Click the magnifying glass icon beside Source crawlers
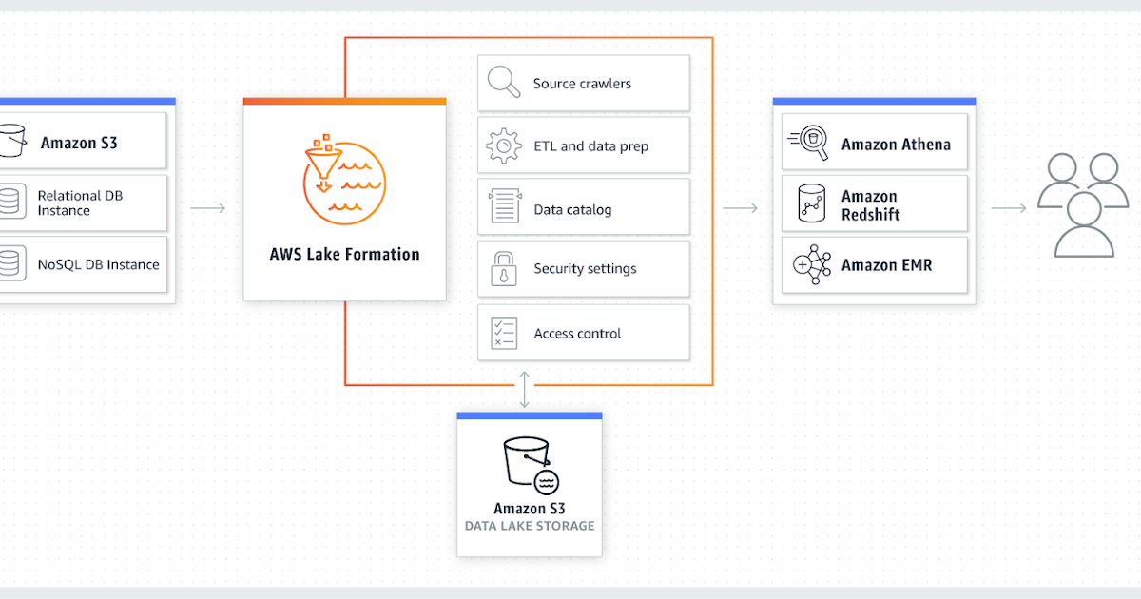504,82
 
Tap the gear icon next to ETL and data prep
504,145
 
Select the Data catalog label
572,209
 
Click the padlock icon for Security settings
503,269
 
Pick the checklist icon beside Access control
503,333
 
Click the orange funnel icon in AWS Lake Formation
343,178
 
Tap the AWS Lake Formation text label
344,254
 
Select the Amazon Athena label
896,145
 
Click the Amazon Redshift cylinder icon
811,203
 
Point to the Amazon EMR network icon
812,265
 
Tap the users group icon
1083,204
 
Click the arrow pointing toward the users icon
1009,207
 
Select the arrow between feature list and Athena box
740,207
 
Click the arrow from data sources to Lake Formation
208,207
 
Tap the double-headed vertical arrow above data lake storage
525,389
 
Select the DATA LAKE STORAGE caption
530,526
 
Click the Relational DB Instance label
80,203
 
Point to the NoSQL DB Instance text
98,264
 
